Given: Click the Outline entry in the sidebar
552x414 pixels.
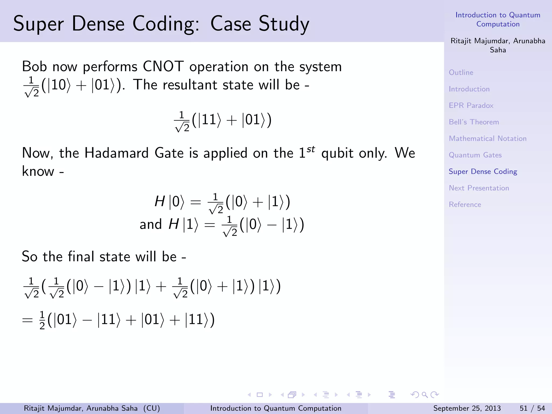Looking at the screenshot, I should [461, 73].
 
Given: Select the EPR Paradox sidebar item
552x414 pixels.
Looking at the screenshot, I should [471, 105].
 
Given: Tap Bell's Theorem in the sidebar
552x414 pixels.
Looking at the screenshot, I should [474, 122].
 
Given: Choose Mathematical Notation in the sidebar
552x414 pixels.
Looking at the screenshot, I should [488, 139].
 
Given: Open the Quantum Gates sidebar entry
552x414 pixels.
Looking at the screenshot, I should [475, 155].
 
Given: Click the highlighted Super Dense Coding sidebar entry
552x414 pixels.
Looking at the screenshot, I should [483, 171].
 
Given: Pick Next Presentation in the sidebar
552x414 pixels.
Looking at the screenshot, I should [479, 188].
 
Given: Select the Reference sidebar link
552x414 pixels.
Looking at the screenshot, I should [465, 205].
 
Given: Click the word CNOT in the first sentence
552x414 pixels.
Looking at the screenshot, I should [163, 66].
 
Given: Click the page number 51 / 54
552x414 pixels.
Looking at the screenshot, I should [532, 408].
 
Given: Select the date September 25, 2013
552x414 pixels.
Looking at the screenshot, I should [467, 408].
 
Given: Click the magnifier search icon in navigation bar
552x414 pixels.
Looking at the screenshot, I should [425, 395].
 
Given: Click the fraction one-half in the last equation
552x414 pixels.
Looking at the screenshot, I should [42, 320].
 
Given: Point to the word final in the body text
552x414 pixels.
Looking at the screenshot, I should [81, 256].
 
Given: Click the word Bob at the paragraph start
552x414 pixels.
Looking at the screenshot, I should [34, 66].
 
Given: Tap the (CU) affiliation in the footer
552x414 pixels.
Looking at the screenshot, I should [151, 408].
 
